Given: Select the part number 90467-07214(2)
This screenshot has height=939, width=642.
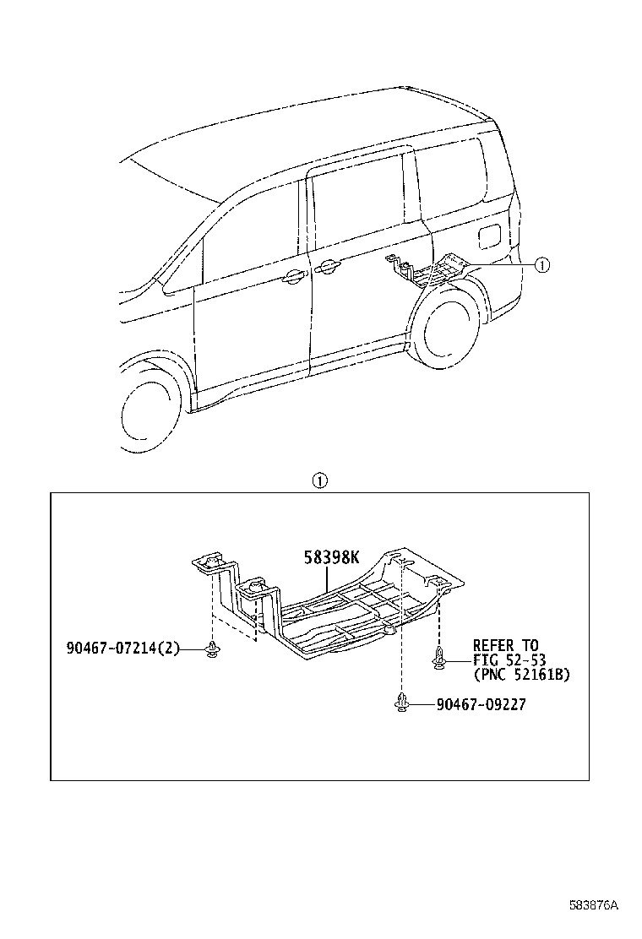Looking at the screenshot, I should [123, 649].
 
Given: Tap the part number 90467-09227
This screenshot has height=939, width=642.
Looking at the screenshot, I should [481, 703].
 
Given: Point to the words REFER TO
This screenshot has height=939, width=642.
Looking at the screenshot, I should [505, 646].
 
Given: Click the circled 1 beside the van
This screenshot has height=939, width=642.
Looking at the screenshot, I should [541, 265].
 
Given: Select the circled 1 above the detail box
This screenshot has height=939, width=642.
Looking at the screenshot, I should [319, 481].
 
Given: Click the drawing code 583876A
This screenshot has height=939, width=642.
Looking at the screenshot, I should [593, 905].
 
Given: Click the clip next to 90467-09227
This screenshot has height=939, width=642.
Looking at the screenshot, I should [402, 703].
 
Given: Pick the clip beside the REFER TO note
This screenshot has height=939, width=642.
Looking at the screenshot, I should [439, 659].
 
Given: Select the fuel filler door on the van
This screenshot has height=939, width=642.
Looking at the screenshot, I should [489, 234].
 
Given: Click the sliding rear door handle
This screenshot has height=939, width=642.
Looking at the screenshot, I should [328, 268].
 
